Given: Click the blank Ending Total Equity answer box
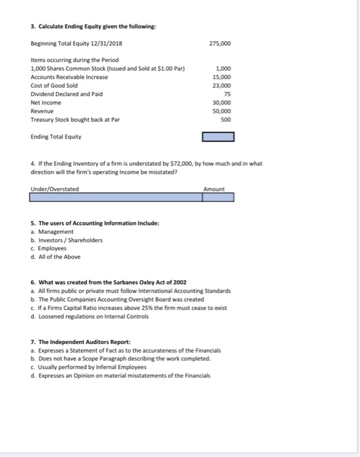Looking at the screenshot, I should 218,137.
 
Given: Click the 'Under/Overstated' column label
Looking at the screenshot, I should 54,189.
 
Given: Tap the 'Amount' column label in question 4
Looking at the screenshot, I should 214,189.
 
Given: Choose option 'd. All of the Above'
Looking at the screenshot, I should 56,256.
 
